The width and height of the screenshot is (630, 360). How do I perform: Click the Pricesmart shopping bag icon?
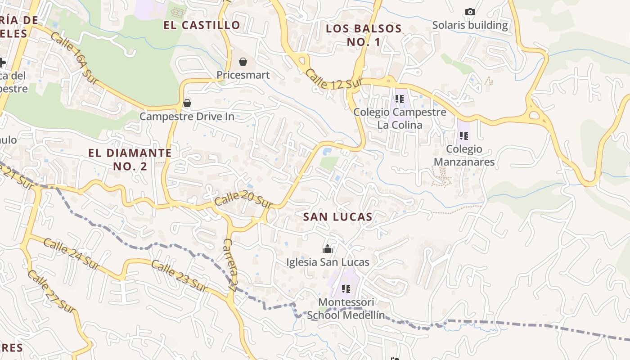[243, 61]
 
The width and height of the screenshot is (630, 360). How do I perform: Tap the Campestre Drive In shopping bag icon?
[187, 103]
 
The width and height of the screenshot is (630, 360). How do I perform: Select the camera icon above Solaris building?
[470, 12]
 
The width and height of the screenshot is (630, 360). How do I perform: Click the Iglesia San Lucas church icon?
[328, 248]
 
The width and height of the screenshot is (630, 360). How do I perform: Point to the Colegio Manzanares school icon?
[464, 135]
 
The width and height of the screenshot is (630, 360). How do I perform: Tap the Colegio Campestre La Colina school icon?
[400, 99]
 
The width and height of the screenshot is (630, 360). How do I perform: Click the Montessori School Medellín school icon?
[346, 288]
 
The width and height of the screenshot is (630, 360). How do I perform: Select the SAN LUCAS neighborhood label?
[337, 217]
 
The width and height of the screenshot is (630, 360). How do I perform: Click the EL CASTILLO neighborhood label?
[202, 25]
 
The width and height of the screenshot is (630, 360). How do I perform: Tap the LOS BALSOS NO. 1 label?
[364, 35]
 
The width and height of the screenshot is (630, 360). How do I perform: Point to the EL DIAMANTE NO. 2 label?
[130, 159]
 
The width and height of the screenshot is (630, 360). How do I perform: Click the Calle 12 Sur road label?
[334, 79]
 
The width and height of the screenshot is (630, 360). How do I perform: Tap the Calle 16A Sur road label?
[74, 58]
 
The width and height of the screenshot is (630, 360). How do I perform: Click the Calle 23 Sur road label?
[179, 276]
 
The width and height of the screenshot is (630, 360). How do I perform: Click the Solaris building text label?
[470, 25]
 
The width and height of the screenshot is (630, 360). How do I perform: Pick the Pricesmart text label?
[243, 75]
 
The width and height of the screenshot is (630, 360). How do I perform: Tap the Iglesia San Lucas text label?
[328, 262]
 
